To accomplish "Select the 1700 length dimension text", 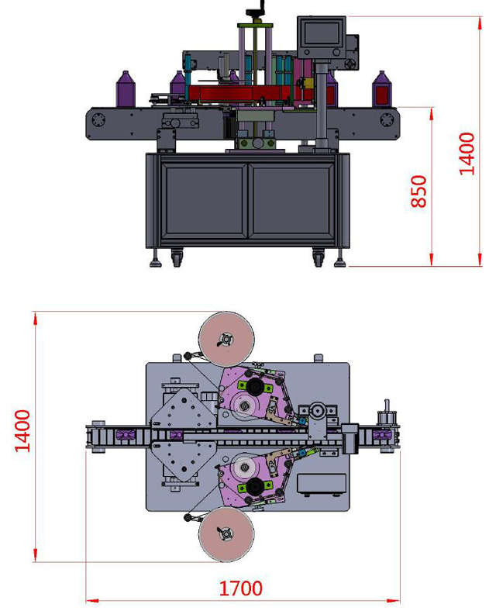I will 240,589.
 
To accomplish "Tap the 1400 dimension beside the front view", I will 467,154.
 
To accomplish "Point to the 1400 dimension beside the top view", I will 22,430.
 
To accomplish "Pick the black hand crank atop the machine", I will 256,11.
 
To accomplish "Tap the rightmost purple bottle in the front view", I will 381,89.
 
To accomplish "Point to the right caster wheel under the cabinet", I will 319,256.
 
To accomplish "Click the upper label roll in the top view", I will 226,340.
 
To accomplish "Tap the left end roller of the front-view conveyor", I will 98,121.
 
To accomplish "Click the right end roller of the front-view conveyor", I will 386,121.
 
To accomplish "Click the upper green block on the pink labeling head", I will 253,385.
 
